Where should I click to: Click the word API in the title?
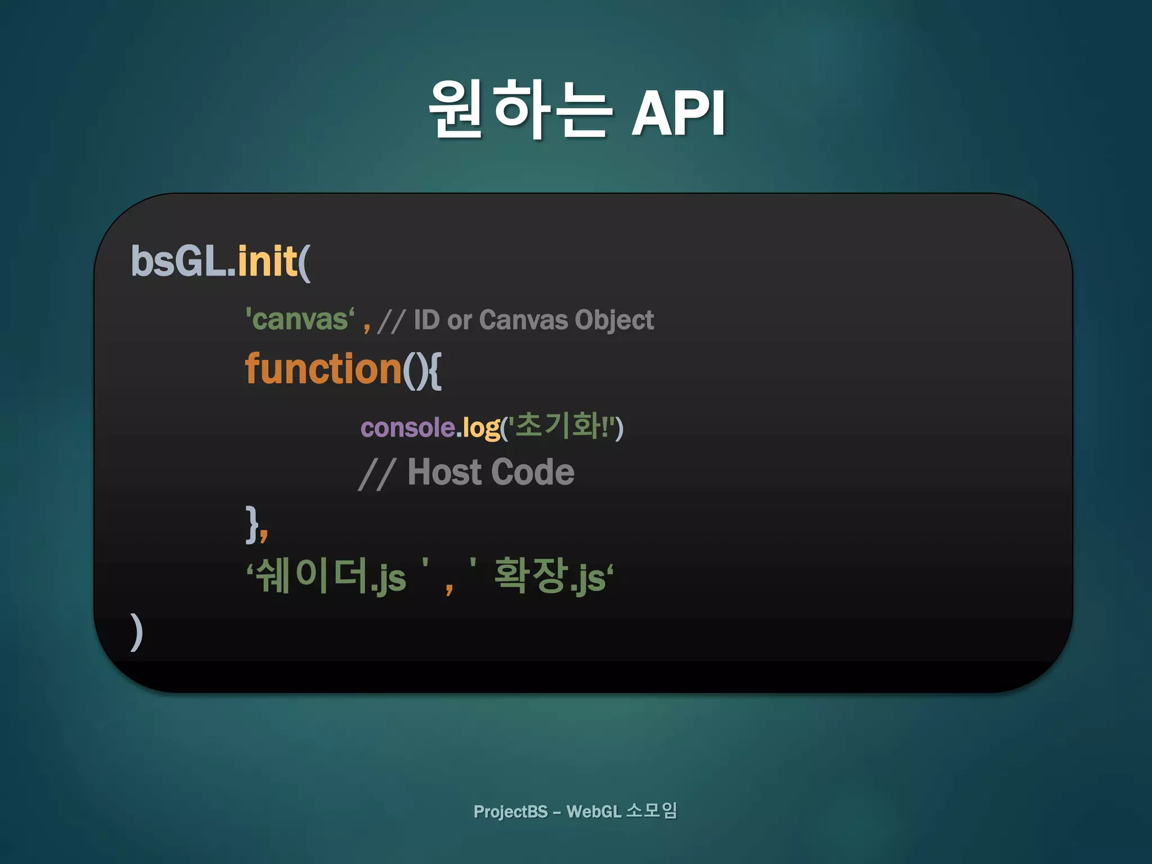pyautogui.click(x=678, y=113)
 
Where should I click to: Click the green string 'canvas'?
pyautogui.click(x=300, y=319)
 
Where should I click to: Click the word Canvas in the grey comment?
pyautogui.click(x=523, y=319)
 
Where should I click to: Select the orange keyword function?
pyautogui.click(x=323, y=369)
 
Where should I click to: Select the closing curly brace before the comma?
pyautogui.click(x=251, y=524)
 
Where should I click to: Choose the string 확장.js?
pyautogui.click(x=550, y=576)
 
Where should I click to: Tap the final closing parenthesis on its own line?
pyautogui.click(x=136, y=631)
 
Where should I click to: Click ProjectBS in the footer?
pyautogui.click(x=510, y=812)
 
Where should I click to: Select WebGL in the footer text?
pyautogui.click(x=593, y=812)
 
